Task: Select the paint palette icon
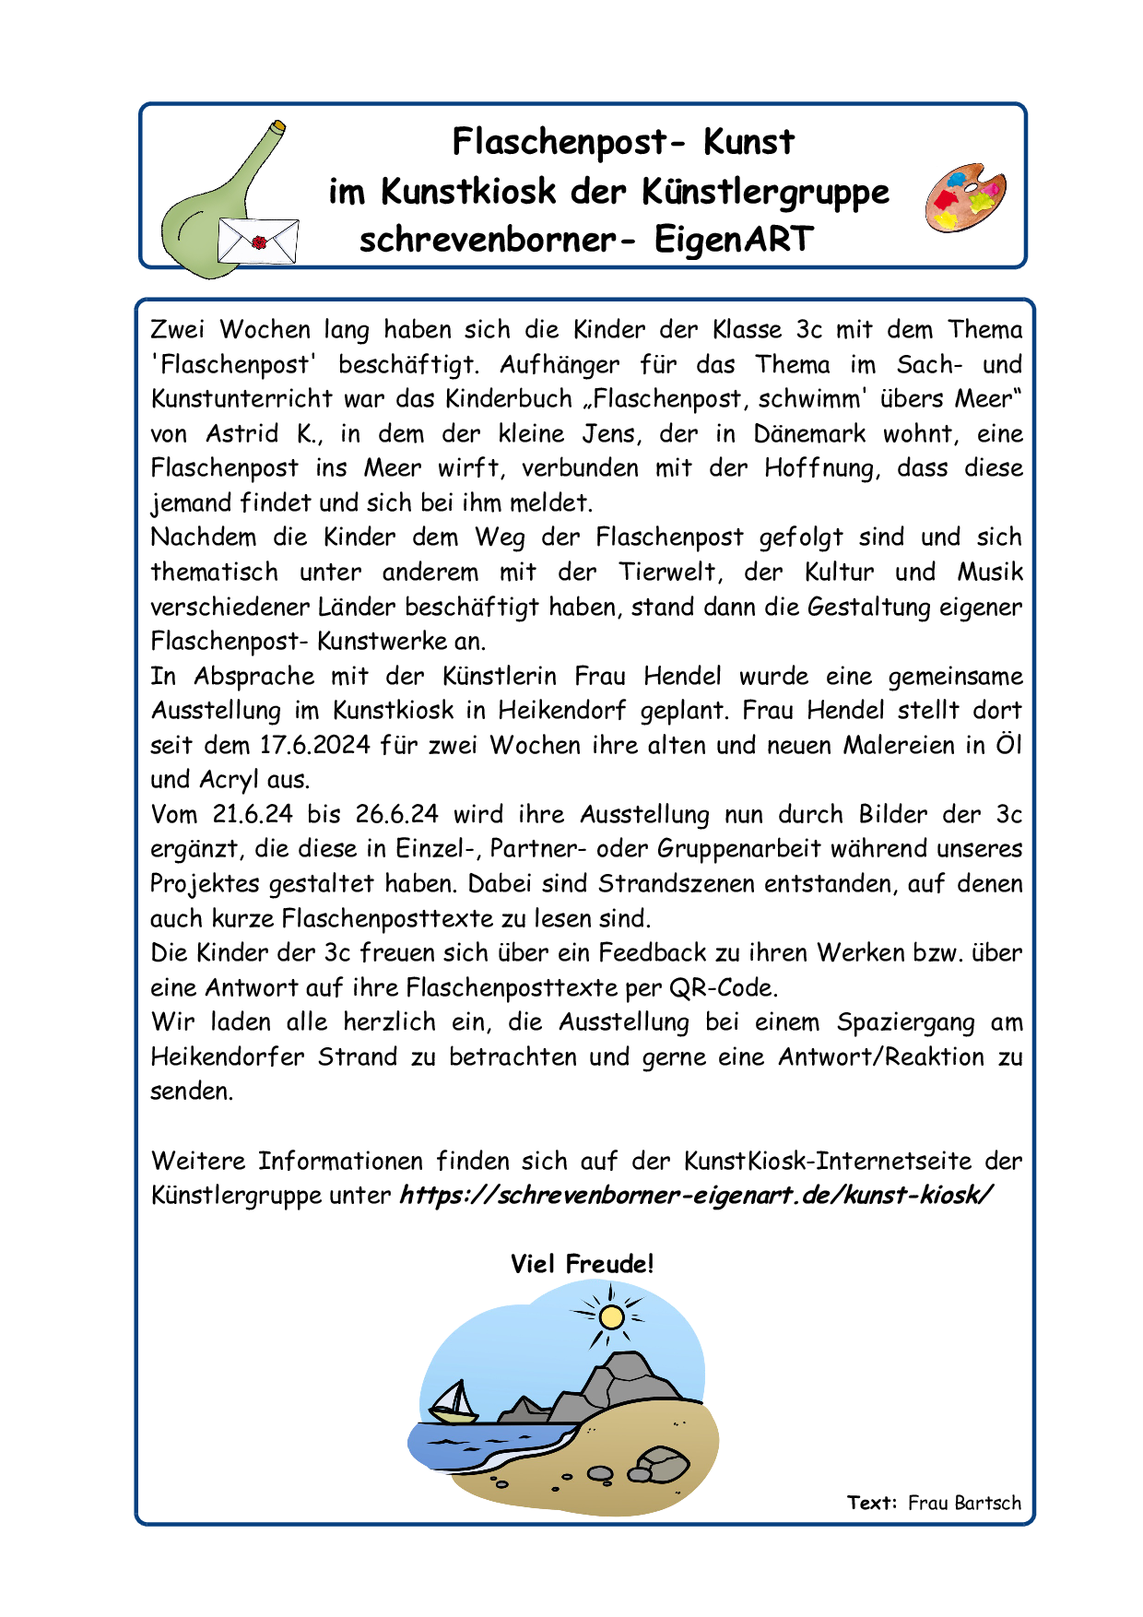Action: coord(965,198)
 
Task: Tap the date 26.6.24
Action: coord(396,814)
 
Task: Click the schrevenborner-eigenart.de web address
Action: coord(696,1195)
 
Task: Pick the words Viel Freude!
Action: coord(582,1264)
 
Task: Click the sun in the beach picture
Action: coord(611,1316)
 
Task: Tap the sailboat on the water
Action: coord(454,1400)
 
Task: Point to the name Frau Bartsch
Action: coord(964,1503)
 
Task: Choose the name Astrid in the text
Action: coord(242,433)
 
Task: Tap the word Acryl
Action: coord(230,780)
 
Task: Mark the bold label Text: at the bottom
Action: coord(872,1503)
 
